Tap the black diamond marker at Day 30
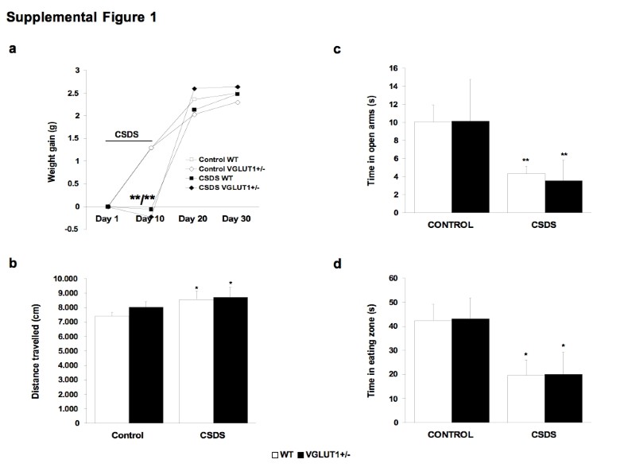click(x=237, y=87)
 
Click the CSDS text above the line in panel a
click(x=126, y=135)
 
